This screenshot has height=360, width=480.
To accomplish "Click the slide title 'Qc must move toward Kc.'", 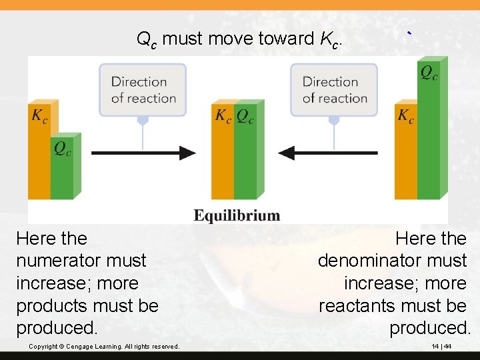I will click(239, 39).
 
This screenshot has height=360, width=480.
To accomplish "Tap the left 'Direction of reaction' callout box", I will click(143, 89).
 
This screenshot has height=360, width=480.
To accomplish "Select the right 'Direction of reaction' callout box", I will click(334, 89).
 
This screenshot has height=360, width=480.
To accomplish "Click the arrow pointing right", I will click(143, 153).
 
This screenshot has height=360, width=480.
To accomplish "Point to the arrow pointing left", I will click(327, 153).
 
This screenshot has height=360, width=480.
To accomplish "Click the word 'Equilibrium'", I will click(237, 215).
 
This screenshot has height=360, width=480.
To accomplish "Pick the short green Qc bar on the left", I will click(63, 170).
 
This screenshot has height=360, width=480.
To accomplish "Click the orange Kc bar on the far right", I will click(405, 157).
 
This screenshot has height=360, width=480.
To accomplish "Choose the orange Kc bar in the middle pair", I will click(223, 157).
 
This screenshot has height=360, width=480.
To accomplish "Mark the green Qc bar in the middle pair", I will click(245, 157).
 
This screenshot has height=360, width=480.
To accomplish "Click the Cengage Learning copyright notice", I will click(104, 347).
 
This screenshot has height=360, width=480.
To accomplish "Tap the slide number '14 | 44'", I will click(441, 347).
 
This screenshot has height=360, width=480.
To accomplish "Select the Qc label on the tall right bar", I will click(429, 72).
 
